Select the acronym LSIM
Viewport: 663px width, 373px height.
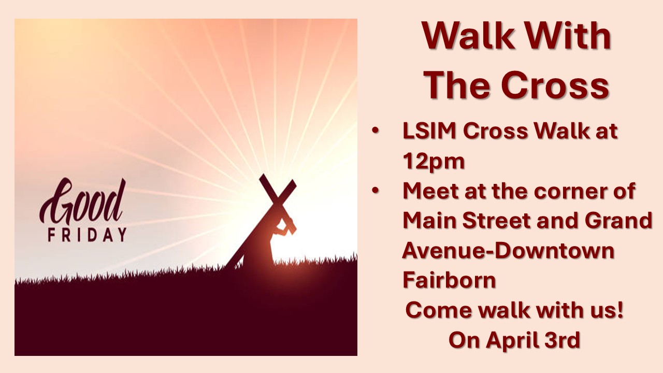click(429, 132)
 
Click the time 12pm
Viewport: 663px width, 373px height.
click(434, 162)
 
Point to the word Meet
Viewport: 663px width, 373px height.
click(431, 191)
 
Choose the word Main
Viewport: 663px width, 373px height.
click(429, 221)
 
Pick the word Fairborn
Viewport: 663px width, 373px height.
click(450, 280)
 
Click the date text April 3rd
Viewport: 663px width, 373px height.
click(534, 340)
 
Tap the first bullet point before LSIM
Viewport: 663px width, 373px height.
click(376, 132)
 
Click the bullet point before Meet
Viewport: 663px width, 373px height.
click(376, 191)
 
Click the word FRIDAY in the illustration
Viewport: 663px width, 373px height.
click(87, 235)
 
